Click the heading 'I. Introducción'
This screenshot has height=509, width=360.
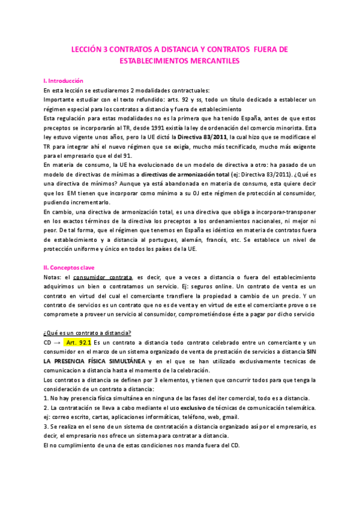click(64, 80)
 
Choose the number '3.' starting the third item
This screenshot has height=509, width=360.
click(46, 427)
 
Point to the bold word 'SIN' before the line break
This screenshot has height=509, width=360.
click(310, 352)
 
